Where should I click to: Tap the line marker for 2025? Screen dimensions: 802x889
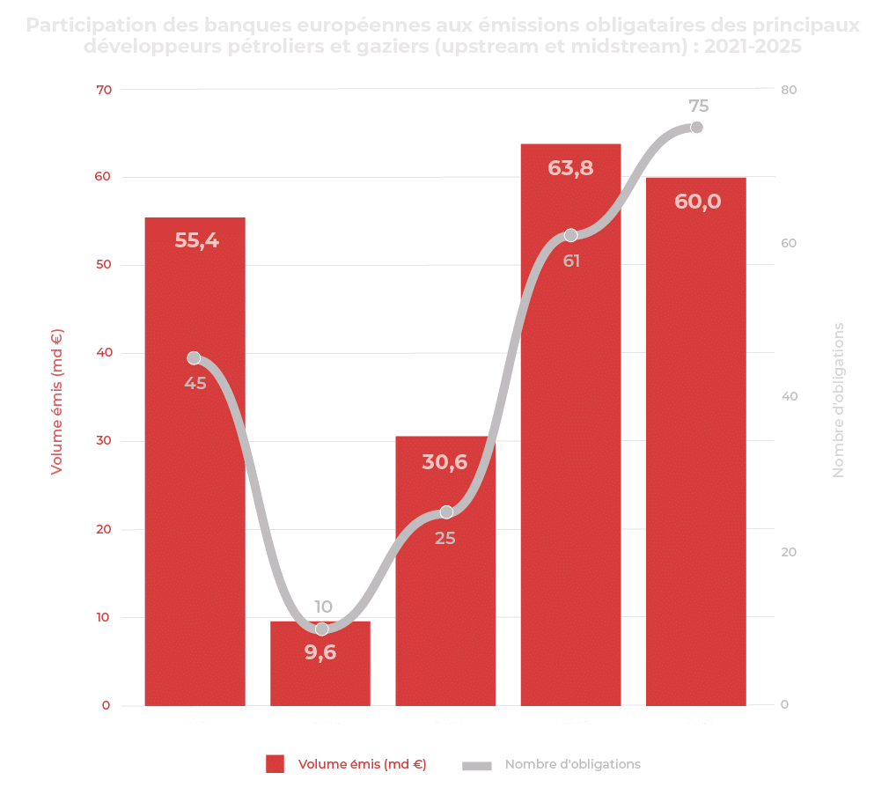pyautogui.click(x=697, y=128)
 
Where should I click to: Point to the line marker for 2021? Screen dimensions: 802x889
pyautogui.click(x=195, y=358)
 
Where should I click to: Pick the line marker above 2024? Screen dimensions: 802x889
pyautogui.click(x=571, y=235)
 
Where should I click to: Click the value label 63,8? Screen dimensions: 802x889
pyautogui.click(x=570, y=167)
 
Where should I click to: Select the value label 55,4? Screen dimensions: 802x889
pyautogui.click(x=195, y=239)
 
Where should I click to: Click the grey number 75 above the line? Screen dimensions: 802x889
pyautogui.click(x=698, y=107)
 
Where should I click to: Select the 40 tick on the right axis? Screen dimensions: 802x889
pyautogui.click(x=788, y=397)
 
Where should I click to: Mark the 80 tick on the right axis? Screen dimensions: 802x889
pyautogui.click(x=788, y=90)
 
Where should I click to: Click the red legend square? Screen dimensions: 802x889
pyautogui.click(x=276, y=764)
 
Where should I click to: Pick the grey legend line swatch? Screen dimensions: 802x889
pyautogui.click(x=476, y=765)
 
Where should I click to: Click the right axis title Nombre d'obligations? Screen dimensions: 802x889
pyautogui.click(x=838, y=400)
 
